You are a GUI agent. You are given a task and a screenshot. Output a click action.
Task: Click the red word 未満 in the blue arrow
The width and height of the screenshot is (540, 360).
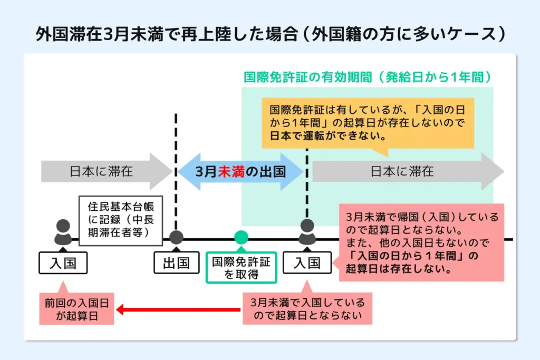[232, 171]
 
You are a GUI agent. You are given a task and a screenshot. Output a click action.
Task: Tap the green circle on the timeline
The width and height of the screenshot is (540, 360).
[241, 238]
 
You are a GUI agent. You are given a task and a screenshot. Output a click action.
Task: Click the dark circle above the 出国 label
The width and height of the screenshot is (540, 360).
[176, 238]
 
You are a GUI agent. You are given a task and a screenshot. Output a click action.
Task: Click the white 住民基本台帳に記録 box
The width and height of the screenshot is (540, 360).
[121, 220]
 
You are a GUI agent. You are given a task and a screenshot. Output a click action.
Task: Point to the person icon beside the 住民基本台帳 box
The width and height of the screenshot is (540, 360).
[63, 232]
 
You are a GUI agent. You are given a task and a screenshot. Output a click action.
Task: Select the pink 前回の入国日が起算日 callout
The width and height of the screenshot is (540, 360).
[77, 309]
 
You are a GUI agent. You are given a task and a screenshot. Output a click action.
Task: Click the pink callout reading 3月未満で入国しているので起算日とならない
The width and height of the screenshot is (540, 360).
[308, 309]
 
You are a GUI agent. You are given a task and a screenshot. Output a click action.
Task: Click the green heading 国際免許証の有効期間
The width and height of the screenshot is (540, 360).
[368, 77]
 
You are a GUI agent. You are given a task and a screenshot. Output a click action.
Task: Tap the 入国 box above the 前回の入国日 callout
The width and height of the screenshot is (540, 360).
[63, 262]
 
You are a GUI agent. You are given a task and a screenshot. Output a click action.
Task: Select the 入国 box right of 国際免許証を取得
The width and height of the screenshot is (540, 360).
[307, 262]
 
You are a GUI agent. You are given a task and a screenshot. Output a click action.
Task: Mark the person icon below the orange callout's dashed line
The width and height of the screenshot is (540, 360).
[307, 232]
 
